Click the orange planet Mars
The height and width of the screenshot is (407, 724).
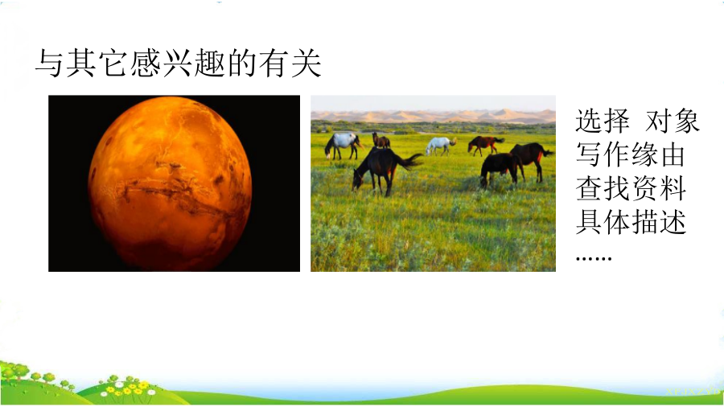(170, 183)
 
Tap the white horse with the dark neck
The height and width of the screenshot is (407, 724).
(342, 145)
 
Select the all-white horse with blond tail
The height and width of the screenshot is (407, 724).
(441, 146)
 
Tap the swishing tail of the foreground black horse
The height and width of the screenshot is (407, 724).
(409, 161)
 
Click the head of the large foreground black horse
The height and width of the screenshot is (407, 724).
(358, 180)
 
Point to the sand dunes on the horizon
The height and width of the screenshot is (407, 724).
(433, 115)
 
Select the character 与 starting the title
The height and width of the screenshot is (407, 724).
(49, 64)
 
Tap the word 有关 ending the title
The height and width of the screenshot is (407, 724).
(290, 64)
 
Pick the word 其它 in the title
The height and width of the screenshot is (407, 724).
(97, 64)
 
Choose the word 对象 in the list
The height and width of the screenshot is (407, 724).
(673, 121)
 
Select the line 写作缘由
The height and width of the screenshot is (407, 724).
(630, 154)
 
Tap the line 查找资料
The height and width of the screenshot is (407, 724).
(630, 189)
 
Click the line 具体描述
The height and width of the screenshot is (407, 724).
(630, 223)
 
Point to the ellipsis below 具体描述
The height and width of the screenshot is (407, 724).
(594, 258)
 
